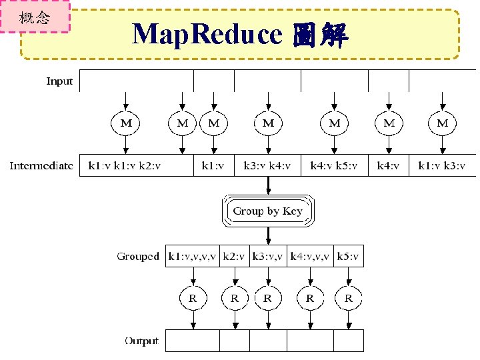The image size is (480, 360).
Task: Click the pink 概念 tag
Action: pos(35,17)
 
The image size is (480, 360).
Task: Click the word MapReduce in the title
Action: pos(207,34)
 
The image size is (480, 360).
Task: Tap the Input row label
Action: pos(59,81)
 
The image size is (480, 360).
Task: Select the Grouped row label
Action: pos(138,256)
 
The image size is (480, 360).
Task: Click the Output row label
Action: pos(141,341)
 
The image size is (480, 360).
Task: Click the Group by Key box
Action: pos(267,211)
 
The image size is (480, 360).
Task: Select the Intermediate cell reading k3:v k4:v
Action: pos(267,165)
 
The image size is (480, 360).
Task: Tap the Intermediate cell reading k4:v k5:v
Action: pos(334,165)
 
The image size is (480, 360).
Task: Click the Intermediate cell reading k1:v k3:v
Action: pos(441,165)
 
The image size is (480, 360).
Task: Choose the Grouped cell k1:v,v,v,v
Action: pos(192,256)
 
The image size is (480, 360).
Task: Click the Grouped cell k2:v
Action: pos(234,256)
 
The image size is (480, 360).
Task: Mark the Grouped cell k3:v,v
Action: pos(267,256)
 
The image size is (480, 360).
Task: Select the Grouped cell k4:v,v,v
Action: pos(310,256)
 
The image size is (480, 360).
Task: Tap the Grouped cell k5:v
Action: pos(349,256)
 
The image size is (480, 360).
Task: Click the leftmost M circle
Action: pos(125,123)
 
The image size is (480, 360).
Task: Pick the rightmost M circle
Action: pos(442,123)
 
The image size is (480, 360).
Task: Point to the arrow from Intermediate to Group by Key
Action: pos(267,185)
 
